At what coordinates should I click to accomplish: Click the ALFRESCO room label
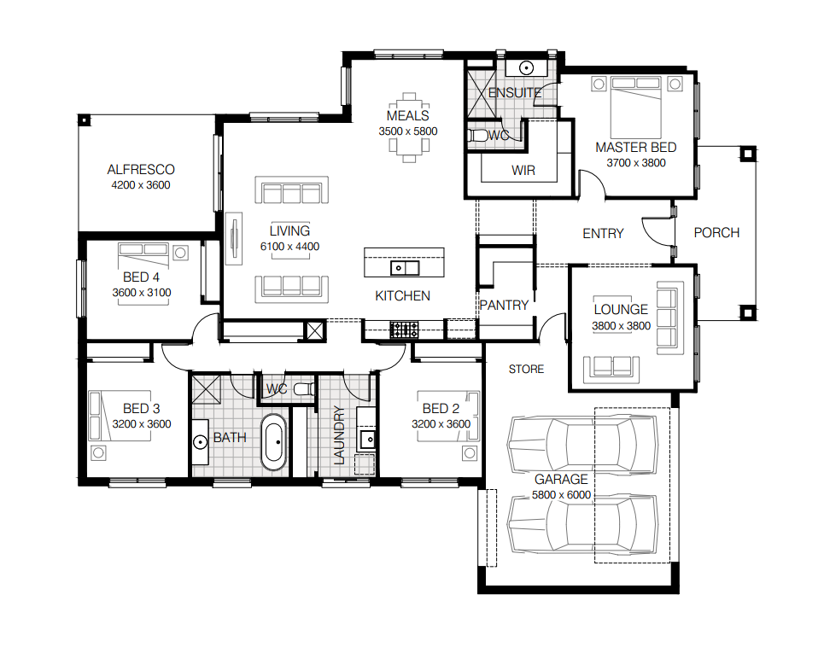[141, 170]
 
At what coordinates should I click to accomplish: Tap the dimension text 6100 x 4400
[289, 247]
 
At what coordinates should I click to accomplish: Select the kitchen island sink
[405, 268]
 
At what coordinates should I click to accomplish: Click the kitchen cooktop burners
[404, 329]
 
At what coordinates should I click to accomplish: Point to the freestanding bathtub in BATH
[274, 442]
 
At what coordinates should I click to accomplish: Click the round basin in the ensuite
[527, 67]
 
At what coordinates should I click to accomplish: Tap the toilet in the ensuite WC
[477, 136]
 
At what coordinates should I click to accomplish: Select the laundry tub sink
[367, 439]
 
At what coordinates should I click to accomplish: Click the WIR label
[523, 170]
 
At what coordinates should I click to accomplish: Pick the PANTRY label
[504, 305]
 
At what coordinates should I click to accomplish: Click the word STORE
[526, 370]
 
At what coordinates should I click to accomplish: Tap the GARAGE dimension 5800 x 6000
[561, 495]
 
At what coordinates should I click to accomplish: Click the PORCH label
[716, 233]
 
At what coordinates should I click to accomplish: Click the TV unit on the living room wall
[234, 238]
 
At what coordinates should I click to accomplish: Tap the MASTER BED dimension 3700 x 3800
[636, 163]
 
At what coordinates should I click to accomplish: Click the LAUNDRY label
[340, 435]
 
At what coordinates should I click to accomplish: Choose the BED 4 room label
[141, 277]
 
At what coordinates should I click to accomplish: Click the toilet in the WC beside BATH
[304, 389]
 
